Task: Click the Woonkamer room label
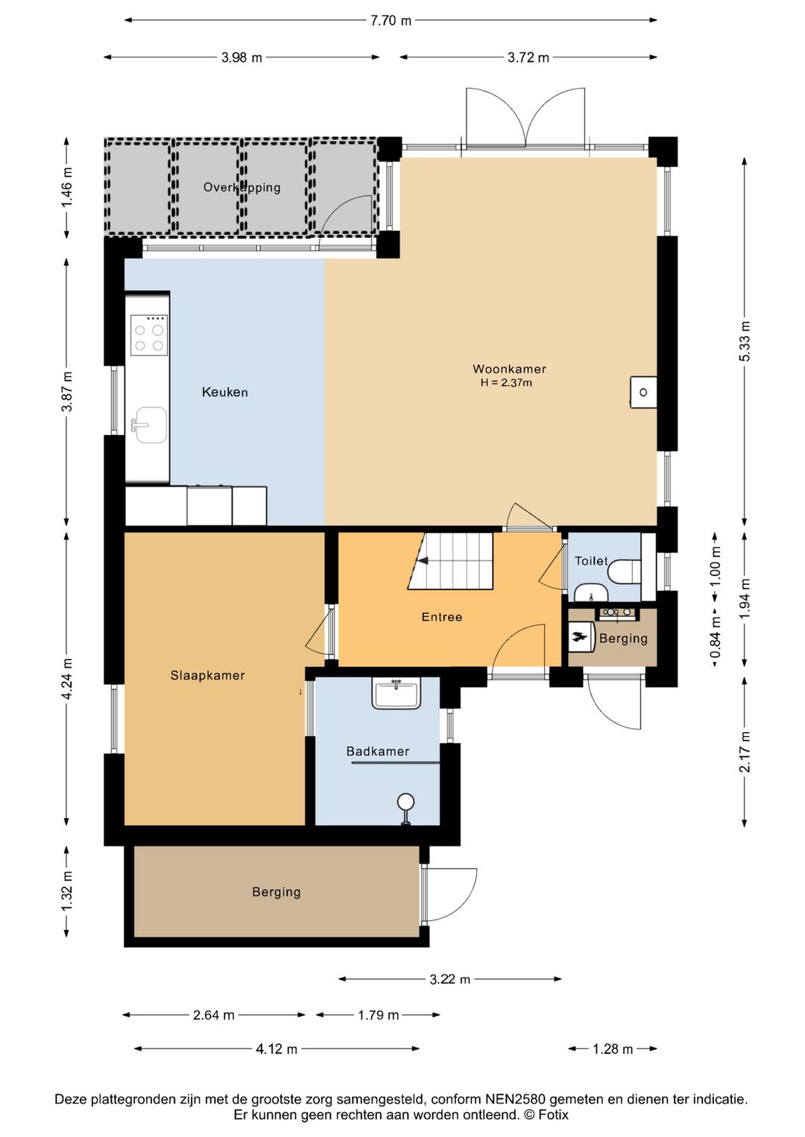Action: click(x=509, y=369)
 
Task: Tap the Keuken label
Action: click(x=225, y=392)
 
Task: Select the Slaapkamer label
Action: click(x=208, y=675)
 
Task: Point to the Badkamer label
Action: click(x=378, y=751)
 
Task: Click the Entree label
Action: click(x=442, y=617)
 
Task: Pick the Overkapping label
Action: click(x=241, y=187)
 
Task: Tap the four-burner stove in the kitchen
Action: click(x=149, y=335)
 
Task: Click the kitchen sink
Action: click(x=149, y=425)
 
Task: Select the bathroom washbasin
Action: click(x=397, y=694)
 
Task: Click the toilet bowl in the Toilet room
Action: click(x=624, y=571)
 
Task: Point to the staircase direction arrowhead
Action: click(x=423, y=560)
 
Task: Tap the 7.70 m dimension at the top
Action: click(x=391, y=21)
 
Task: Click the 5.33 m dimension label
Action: click(x=744, y=341)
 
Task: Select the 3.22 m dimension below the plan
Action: click(x=450, y=979)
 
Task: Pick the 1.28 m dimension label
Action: click(x=613, y=1048)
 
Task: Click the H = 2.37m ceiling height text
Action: click(x=506, y=383)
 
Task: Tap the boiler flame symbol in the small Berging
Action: click(x=578, y=639)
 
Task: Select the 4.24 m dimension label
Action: click(x=67, y=679)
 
